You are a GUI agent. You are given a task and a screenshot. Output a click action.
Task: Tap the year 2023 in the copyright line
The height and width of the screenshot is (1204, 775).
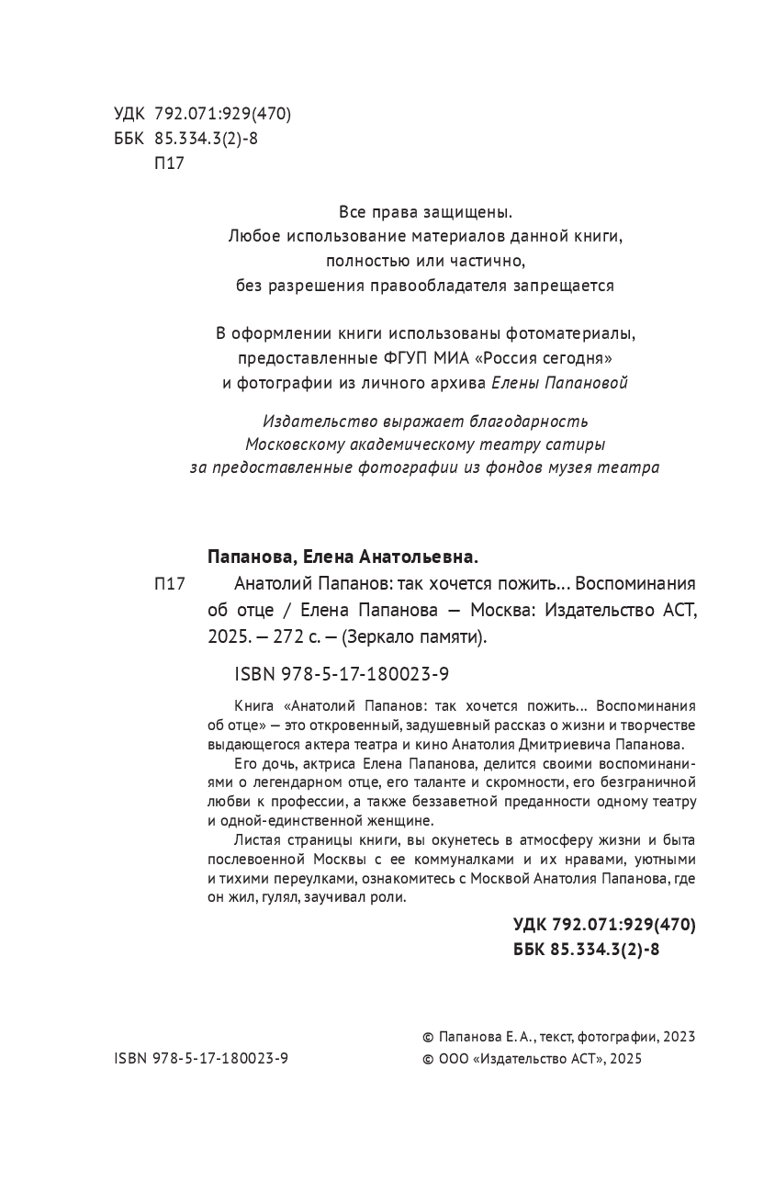tap(679, 1036)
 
